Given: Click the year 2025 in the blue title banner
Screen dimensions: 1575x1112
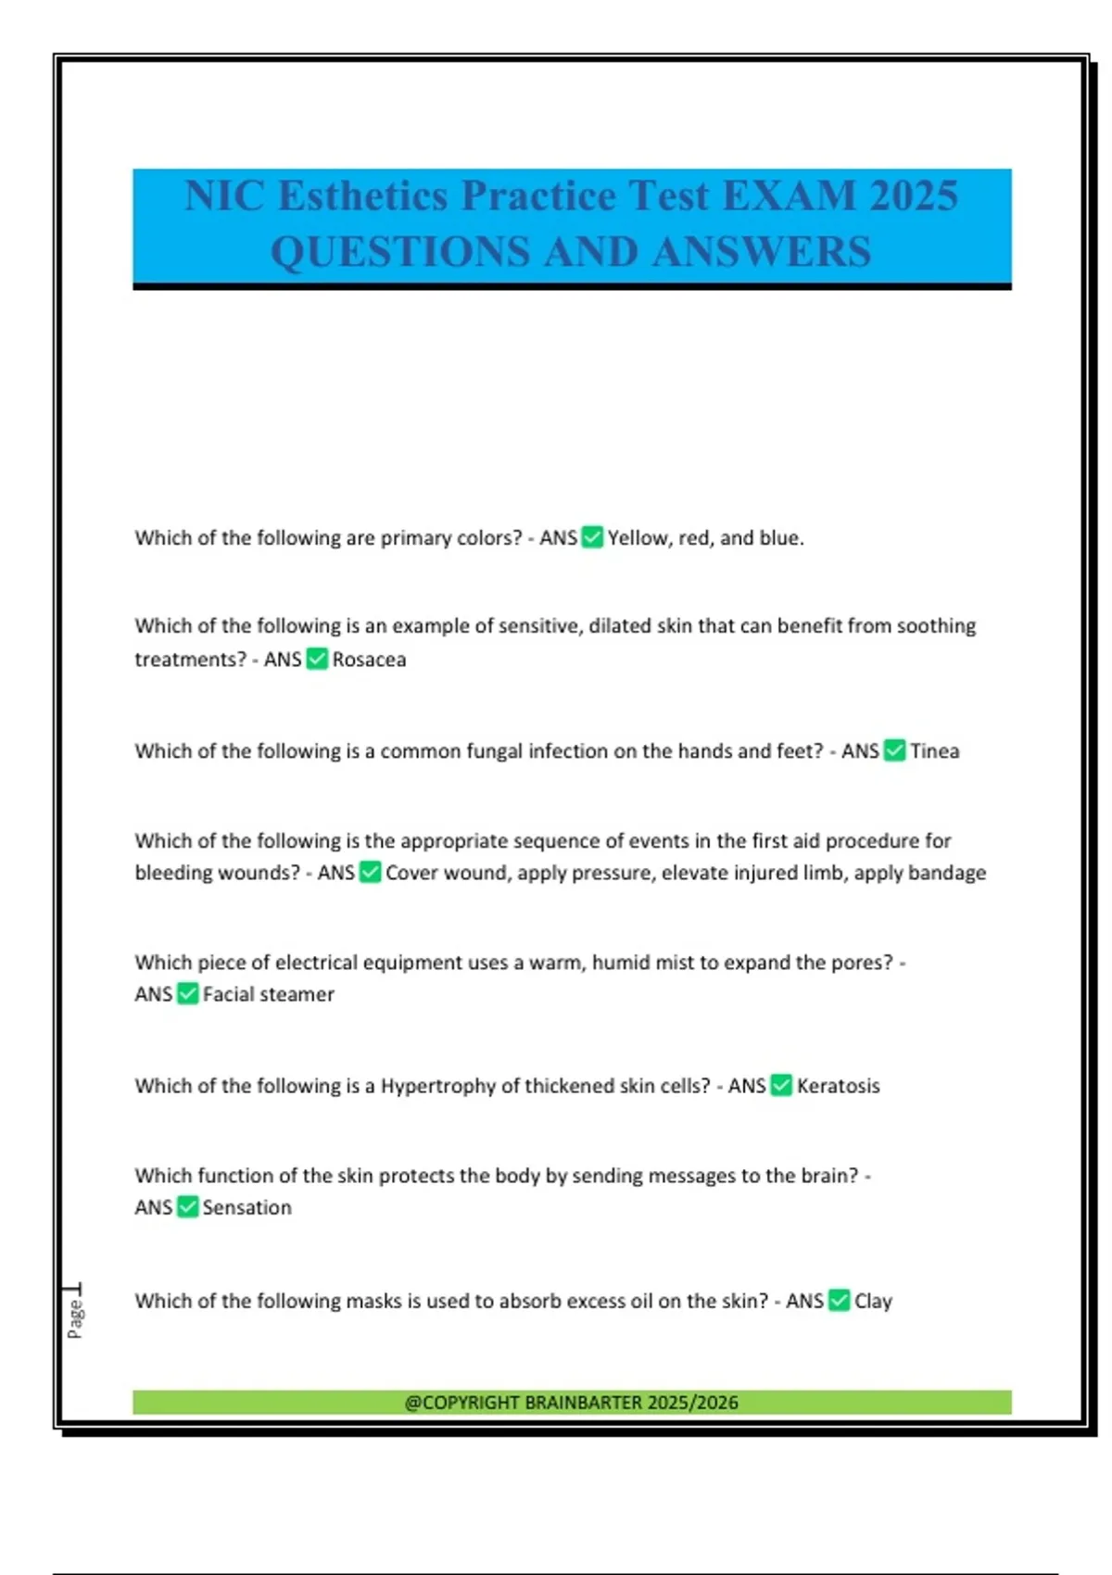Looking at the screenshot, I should point(913,196).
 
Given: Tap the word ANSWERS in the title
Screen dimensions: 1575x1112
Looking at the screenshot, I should point(762,252).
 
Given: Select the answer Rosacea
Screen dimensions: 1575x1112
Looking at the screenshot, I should point(369,660).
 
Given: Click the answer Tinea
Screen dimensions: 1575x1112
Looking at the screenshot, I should point(934,751).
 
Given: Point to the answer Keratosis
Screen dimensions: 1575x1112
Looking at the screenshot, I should point(838,1086).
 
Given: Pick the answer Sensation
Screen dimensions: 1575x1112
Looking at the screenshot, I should point(246,1208).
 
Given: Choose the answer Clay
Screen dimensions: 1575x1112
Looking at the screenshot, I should point(873,1302).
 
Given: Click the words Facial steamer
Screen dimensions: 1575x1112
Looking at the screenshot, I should point(268,995).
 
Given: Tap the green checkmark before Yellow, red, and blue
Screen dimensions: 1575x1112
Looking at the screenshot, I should point(592,537).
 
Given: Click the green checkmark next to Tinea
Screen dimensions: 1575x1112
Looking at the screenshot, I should point(894,750).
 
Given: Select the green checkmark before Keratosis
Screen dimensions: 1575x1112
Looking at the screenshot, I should point(781,1085).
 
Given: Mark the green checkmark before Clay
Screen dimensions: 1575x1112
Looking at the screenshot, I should point(839,1301).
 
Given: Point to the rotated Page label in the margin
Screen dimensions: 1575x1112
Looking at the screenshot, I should point(75,1317).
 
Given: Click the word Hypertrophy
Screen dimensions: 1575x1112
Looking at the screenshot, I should point(437,1086).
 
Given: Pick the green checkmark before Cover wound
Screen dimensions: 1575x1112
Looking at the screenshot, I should point(370,873).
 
